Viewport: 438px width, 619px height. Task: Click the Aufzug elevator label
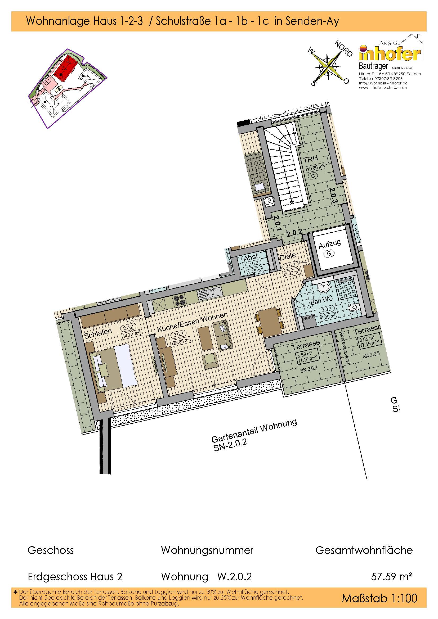[x=330, y=245]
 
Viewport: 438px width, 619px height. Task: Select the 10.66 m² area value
[x=315, y=169]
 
